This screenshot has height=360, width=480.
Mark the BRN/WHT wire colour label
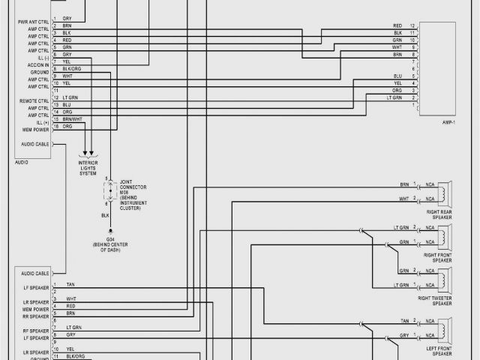pyautogui.click(x=73, y=119)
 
